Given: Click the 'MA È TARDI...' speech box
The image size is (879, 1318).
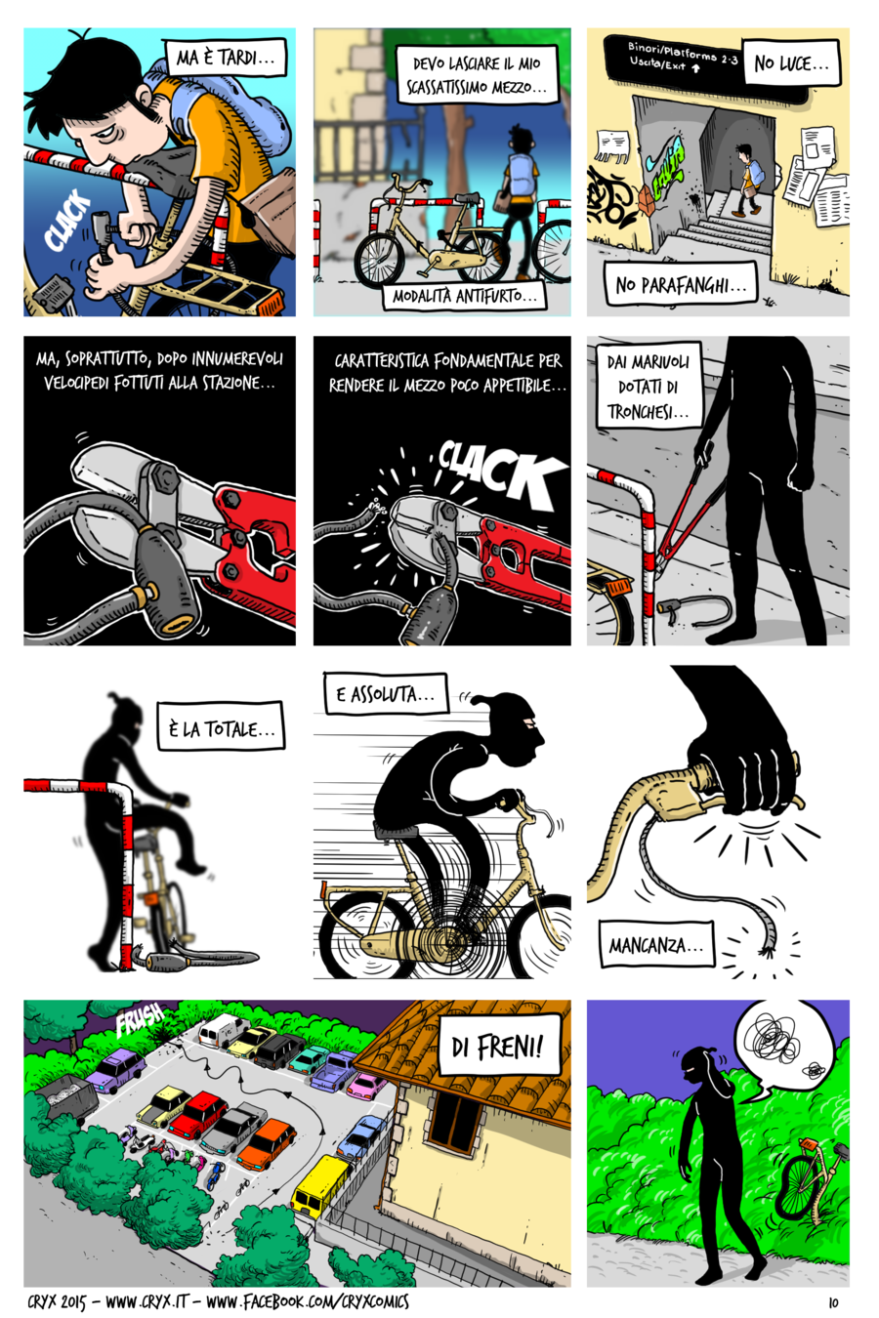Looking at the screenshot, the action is pos(226,57).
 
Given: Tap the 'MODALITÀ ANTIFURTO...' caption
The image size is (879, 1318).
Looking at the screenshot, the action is pos(464,296).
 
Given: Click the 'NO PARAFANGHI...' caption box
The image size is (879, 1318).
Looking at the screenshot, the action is pos(680,284).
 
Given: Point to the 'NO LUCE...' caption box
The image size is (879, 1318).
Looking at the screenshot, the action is pos(791,62).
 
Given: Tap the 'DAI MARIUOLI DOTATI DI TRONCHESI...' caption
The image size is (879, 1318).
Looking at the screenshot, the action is pos(649,386).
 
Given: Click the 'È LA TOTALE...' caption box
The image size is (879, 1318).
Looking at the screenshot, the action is pos(221,727).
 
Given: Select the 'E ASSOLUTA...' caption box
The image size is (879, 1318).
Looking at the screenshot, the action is pos(386,694).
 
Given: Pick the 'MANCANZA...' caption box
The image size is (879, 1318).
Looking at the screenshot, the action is pos(656,944).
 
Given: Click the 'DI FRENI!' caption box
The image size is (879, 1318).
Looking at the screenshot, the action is pos(499,1046).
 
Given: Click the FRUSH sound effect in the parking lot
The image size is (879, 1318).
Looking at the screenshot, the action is pos(140,1019).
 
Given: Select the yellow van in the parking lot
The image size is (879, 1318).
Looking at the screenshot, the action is pos(321,1183).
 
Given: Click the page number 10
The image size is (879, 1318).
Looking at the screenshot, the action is pos(833,1302).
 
